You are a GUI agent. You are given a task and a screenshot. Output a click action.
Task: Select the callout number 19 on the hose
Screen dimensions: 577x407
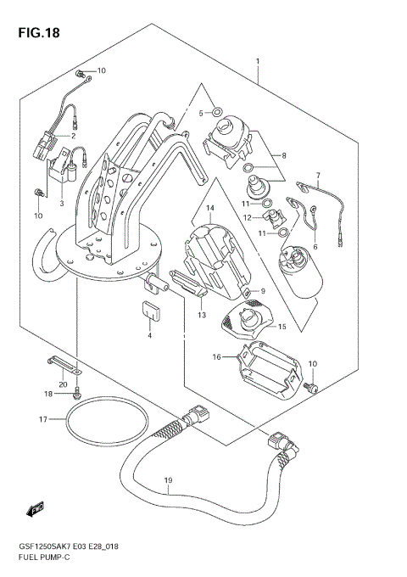168,481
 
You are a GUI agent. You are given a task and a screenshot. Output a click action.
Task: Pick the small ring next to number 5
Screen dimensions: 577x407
217,111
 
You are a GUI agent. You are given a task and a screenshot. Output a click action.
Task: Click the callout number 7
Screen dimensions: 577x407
318,176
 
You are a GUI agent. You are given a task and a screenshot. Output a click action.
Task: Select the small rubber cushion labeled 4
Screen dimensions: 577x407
150,313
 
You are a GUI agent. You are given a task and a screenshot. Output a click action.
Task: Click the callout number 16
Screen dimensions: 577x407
218,357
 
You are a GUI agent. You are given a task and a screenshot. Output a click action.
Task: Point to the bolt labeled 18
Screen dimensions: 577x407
77,393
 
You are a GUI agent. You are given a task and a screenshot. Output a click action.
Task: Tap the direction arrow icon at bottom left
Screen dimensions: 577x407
36,508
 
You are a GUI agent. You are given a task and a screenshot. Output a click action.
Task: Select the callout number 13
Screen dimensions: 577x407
202,314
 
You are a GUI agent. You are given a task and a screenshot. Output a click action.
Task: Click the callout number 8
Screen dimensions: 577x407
284,155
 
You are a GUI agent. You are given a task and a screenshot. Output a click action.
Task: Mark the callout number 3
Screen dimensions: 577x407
62,204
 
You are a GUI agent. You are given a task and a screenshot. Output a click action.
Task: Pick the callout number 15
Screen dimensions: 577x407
283,326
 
